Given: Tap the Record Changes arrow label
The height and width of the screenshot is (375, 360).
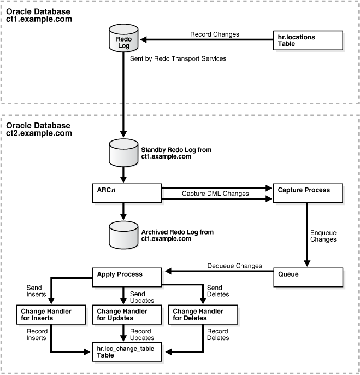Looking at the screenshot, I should click(x=215, y=34).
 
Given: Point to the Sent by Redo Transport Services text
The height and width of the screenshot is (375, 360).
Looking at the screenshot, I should click(x=185, y=58).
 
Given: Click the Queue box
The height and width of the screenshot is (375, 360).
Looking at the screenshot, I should click(x=308, y=274).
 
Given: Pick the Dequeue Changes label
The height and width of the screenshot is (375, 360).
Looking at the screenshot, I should click(x=234, y=266).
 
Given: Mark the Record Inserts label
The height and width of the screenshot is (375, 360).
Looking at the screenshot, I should click(x=37, y=335).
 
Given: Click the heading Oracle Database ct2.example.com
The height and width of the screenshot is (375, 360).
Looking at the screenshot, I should click(x=39, y=129).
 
